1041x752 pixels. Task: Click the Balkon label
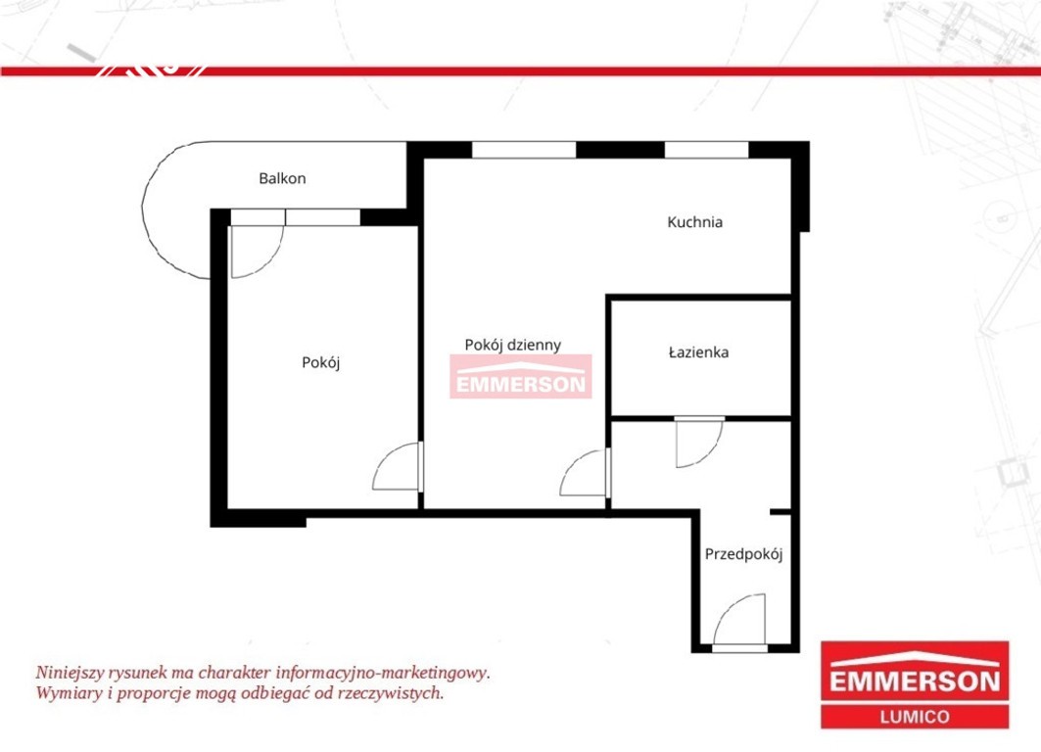(282, 178)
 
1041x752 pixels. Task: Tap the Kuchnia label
(694, 221)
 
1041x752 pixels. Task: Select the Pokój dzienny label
(512, 345)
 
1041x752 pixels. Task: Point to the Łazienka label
(698, 352)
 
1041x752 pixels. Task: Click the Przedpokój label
(743, 553)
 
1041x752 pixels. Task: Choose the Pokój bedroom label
(320, 362)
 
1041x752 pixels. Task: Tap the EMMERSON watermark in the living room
(521, 376)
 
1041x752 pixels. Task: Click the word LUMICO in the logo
(915, 717)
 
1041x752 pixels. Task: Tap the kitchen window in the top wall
(706, 150)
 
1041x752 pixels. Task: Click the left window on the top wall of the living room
(524, 150)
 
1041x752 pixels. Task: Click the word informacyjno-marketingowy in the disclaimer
(382, 673)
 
